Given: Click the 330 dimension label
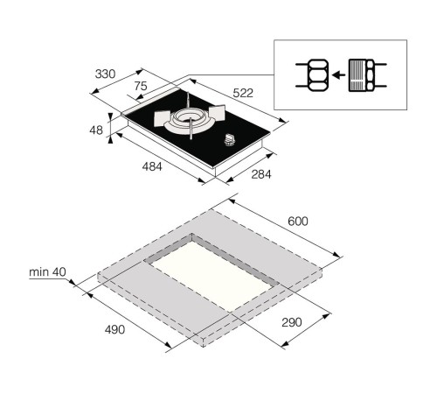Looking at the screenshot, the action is (105, 74).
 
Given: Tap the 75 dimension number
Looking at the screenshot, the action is (141, 86).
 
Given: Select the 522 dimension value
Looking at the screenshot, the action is (243, 93).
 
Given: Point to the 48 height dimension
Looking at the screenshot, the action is (96, 130).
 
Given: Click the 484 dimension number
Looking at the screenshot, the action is (152, 166).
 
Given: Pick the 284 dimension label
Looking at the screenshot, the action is (261, 174).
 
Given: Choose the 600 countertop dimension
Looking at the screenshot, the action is (298, 222).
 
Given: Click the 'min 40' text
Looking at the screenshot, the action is (47, 272).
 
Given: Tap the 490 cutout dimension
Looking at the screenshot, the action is (114, 329).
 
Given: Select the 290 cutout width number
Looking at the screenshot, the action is (292, 322).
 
